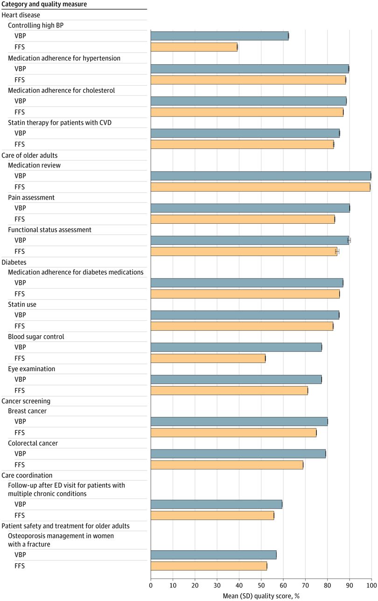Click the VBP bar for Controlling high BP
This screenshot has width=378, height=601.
pyautogui.click(x=219, y=36)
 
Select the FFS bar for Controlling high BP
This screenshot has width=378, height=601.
pyautogui.click(x=194, y=47)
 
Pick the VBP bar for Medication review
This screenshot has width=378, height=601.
pyautogui.click(x=260, y=176)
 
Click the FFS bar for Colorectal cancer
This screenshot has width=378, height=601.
pyautogui.click(x=227, y=465)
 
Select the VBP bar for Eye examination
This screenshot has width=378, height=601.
pyautogui.click(x=236, y=380)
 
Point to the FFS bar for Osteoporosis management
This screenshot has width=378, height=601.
pyautogui.click(x=209, y=566)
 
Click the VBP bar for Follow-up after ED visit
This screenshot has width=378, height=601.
pyautogui.click(x=216, y=504)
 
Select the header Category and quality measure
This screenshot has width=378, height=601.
pyautogui.click(x=44, y=4)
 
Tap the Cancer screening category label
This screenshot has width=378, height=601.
pyautogui.click(x=26, y=401)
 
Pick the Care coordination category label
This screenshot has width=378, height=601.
pyautogui.click(x=27, y=475)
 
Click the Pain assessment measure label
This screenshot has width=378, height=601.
pyautogui.click(x=31, y=197)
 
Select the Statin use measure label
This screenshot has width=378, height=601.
pyautogui.click(x=22, y=304)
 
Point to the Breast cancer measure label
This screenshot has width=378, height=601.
pyautogui.click(x=27, y=411)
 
